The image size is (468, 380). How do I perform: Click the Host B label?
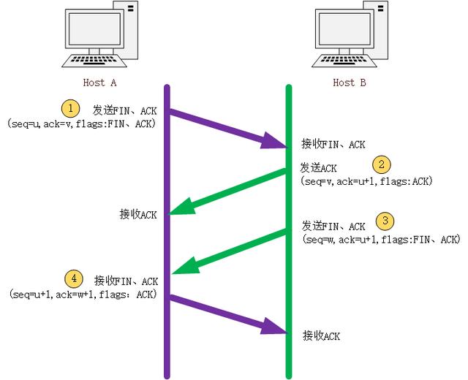pyautogui.click(x=349, y=83)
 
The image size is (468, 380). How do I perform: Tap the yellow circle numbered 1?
pyautogui.click(x=70, y=109)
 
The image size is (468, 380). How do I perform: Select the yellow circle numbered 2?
pyautogui.click(x=381, y=164)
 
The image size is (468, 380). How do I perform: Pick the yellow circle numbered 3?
pyautogui.click(x=385, y=221)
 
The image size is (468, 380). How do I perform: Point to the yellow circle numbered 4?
pyautogui.click(x=72, y=278)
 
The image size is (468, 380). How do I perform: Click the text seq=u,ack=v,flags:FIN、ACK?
pyautogui.click(x=81, y=124)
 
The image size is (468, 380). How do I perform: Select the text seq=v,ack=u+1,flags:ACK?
pyautogui.click(x=366, y=180)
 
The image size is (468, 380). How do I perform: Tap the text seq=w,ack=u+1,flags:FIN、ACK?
pyautogui.click(x=380, y=239)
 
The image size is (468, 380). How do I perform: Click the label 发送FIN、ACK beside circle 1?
pyautogui.click(x=124, y=110)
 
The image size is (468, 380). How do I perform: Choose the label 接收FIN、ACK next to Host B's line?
pyautogui.click(x=333, y=145)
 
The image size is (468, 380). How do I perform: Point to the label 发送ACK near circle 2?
pyautogui.click(x=319, y=168)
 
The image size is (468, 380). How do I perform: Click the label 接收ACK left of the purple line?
pyautogui.click(x=138, y=214)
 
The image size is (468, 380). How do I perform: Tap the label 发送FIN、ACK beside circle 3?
pyautogui.click(x=333, y=226)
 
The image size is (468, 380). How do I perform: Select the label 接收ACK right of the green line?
pyautogui.click(x=322, y=336)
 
